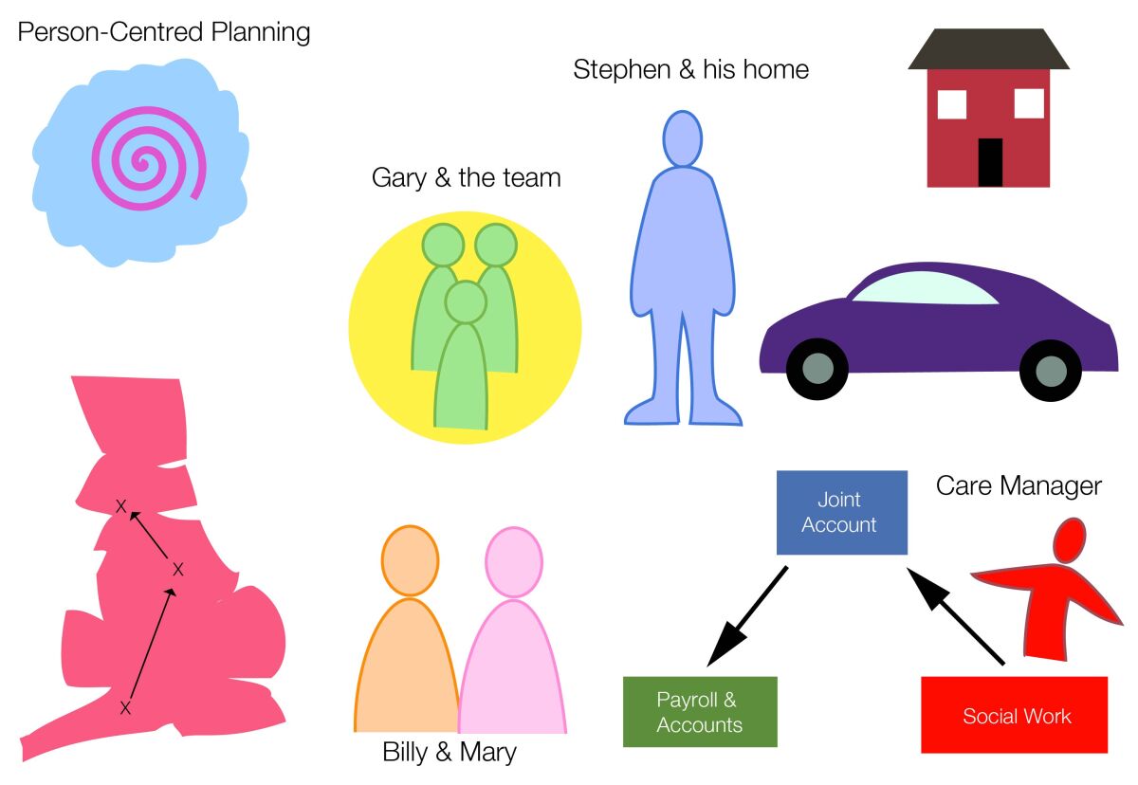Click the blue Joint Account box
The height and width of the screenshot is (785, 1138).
[841, 512]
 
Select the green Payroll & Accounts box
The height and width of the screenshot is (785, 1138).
[700, 711]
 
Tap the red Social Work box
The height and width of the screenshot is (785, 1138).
[1014, 715]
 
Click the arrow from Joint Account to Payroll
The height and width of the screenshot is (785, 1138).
[748, 615]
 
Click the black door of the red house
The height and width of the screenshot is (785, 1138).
[990, 162]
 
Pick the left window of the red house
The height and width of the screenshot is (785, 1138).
[951, 103]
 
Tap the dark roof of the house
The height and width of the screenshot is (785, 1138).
[988, 49]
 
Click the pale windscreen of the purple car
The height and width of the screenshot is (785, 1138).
[924, 287]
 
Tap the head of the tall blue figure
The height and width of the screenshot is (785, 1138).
[682, 139]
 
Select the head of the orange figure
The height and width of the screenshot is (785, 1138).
[411, 561]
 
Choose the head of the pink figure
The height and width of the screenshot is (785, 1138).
[513, 562]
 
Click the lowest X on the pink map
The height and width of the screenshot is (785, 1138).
[124, 707]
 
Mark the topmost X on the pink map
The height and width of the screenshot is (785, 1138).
[120, 506]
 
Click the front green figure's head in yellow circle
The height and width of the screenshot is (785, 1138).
[465, 301]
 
